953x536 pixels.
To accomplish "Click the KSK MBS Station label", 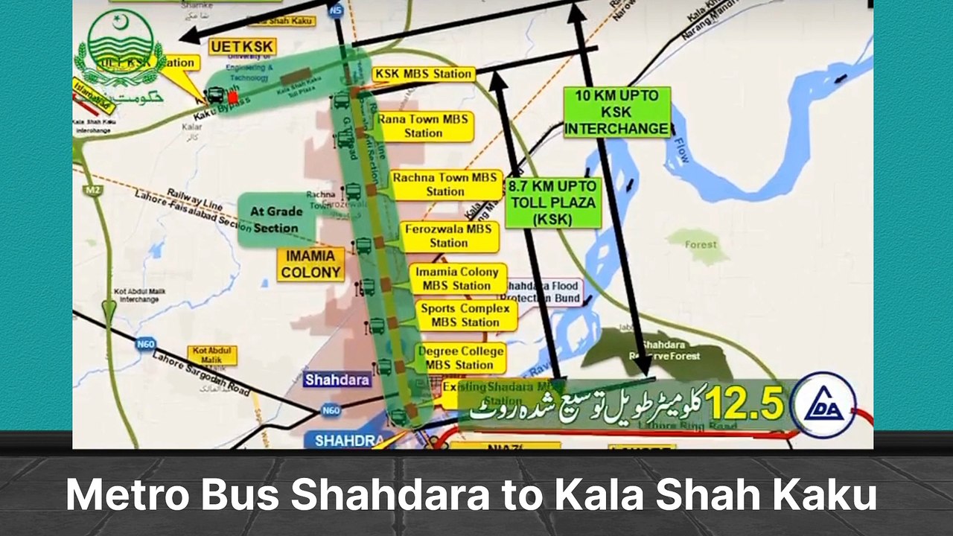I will (424, 74).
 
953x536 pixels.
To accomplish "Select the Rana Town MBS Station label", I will (424, 126).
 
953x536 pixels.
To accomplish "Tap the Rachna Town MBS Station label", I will (445, 185).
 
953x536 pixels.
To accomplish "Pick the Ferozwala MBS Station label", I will (448, 235).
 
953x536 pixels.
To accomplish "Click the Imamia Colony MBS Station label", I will (457, 278).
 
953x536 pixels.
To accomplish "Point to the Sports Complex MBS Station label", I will (465, 315).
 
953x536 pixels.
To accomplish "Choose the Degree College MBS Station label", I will (461, 358).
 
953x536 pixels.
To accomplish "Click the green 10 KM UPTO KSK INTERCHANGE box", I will (617, 112).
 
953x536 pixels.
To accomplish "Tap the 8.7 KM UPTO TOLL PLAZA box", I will (552, 202).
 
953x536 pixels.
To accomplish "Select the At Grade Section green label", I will (275, 220).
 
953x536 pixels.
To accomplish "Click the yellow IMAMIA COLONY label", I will (310, 264).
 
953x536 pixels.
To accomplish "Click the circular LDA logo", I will (822, 404).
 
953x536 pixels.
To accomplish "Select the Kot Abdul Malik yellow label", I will (213, 355).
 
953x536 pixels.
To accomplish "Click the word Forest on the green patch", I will (701, 244).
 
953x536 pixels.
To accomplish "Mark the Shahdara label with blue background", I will (337, 380).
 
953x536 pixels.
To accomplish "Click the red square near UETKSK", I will (233, 97).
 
